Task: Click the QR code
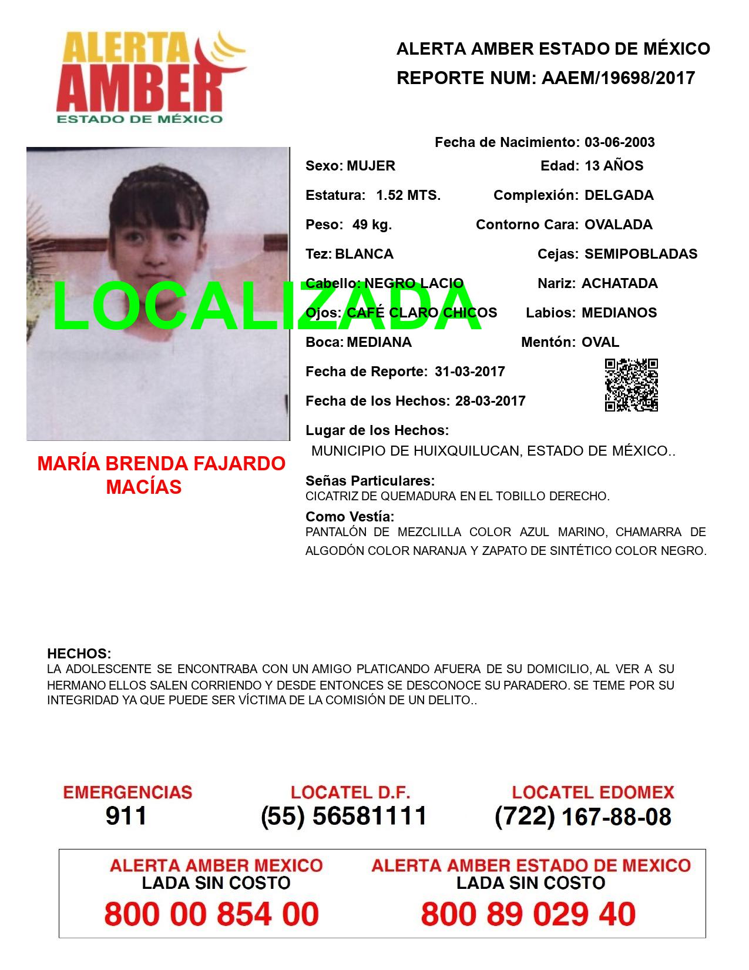coord(632,385)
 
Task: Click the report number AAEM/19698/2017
coord(618,78)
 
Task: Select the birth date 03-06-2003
coord(619,142)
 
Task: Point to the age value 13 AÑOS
coord(614,166)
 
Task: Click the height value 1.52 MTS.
coord(408,195)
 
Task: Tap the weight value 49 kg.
coord(372,225)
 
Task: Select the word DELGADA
coord(619,195)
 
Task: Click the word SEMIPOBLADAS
coord(641,254)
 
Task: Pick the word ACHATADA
coord(619,283)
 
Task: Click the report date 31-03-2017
coord(470,372)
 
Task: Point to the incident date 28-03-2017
coord(490,401)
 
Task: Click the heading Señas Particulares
coord(370,481)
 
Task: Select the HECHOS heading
coord(79,654)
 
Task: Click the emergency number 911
coord(126,816)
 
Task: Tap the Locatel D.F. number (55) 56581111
coord(344,816)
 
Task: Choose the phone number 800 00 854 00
coord(211,914)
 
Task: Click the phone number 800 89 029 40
coord(528,914)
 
